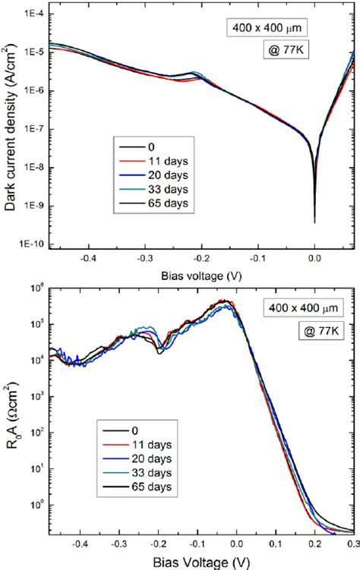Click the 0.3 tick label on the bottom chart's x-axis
(352, 543)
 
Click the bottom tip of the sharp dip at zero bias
(314, 222)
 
